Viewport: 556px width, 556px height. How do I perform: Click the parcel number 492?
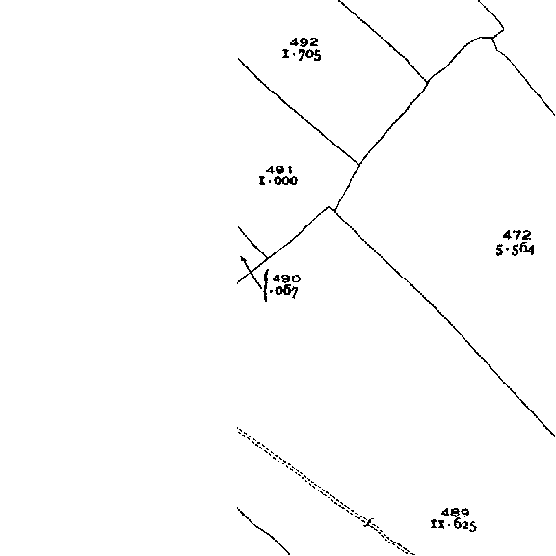pyautogui.click(x=304, y=42)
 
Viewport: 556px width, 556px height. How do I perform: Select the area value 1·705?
pyautogui.click(x=302, y=55)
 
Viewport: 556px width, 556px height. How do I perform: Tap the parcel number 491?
pyautogui.click(x=279, y=170)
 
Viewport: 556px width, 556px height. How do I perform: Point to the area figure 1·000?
pyautogui.click(x=278, y=181)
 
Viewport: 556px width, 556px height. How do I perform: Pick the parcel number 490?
pyautogui.click(x=287, y=278)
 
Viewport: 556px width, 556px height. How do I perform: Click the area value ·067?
pyautogui.click(x=283, y=291)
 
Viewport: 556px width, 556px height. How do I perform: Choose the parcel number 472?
pyautogui.click(x=517, y=235)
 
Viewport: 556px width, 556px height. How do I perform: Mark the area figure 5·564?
pyautogui.click(x=515, y=250)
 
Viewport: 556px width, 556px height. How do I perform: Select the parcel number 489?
pyautogui.click(x=455, y=513)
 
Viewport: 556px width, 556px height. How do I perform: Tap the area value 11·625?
pyautogui.click(x=454, y=525)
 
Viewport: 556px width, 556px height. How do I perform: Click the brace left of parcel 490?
pyautogui.click(x=266, y=285)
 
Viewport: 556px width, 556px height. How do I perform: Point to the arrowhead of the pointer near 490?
pyautogui.click(x=242, y=258)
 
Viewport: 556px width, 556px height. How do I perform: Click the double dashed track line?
pyautogui.click(x=325, y=491)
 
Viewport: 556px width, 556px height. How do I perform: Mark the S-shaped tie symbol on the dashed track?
pyautogui.click(x=369, y=522)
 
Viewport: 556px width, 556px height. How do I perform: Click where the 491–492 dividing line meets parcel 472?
pyautogui.click(x=359, y=164)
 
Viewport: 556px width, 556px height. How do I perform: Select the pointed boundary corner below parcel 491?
pyautogui.click(x=329, y=207)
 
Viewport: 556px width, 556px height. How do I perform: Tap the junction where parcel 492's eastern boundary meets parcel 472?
pyautogui.click(x=427, y=82)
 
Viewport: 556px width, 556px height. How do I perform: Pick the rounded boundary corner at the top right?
pyautogui.click(x=501, y=31)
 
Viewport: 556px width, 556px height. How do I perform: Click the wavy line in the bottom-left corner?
pyautogui.click(x=263, y=530)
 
